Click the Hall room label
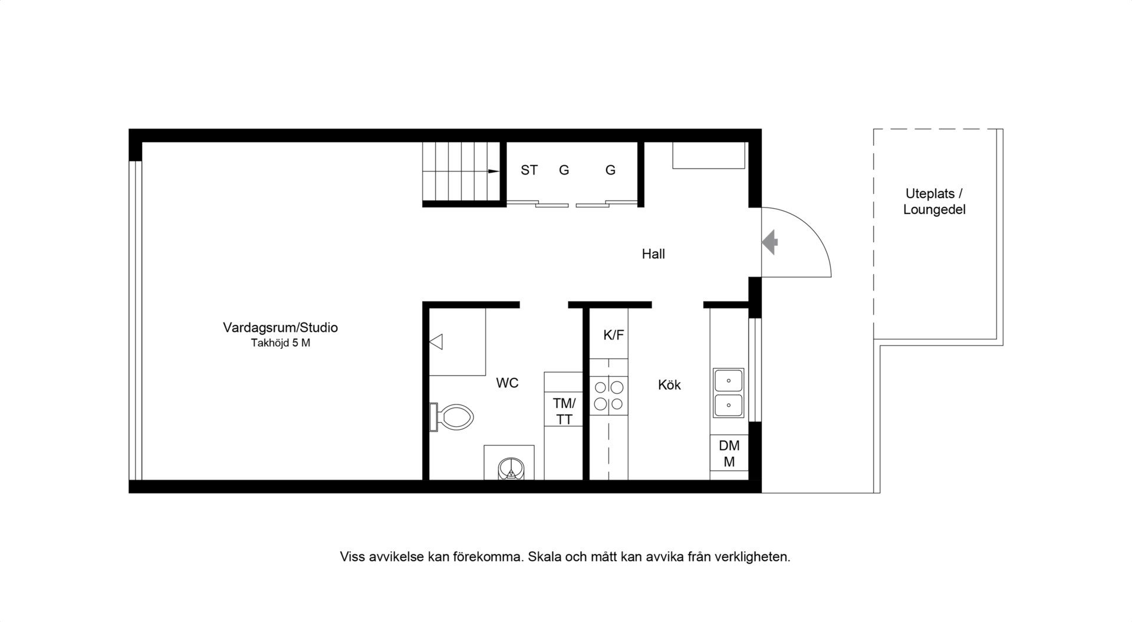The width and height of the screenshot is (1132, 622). click(x=653, y=254)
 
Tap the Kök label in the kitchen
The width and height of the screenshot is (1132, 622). click(x=669, y=385)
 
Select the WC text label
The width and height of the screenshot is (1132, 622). click(x=507, y=383)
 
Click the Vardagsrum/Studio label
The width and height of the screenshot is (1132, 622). click(x=280, y=327)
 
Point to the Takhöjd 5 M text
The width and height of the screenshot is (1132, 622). click(x=281, y=343)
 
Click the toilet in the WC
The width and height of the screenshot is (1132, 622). click(x=452, y=417)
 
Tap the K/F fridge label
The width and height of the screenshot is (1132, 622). click(x=613, y=335)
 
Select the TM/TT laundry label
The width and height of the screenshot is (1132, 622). click(x=564, y=412)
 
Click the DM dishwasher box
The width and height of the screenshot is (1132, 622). click(x=729, y=453)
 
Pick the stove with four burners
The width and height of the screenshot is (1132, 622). click(x=609, y=396)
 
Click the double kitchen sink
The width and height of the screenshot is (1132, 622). click(x=729, y=393)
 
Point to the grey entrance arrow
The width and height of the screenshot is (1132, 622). click(x=770, y=242)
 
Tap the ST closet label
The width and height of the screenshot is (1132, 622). click(x=529, y=170)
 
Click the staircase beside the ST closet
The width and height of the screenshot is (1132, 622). click(x=461, y=172)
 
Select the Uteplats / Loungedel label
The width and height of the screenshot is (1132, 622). click(x=934, y=202)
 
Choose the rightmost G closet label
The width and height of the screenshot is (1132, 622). click(x=610, y=170)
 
